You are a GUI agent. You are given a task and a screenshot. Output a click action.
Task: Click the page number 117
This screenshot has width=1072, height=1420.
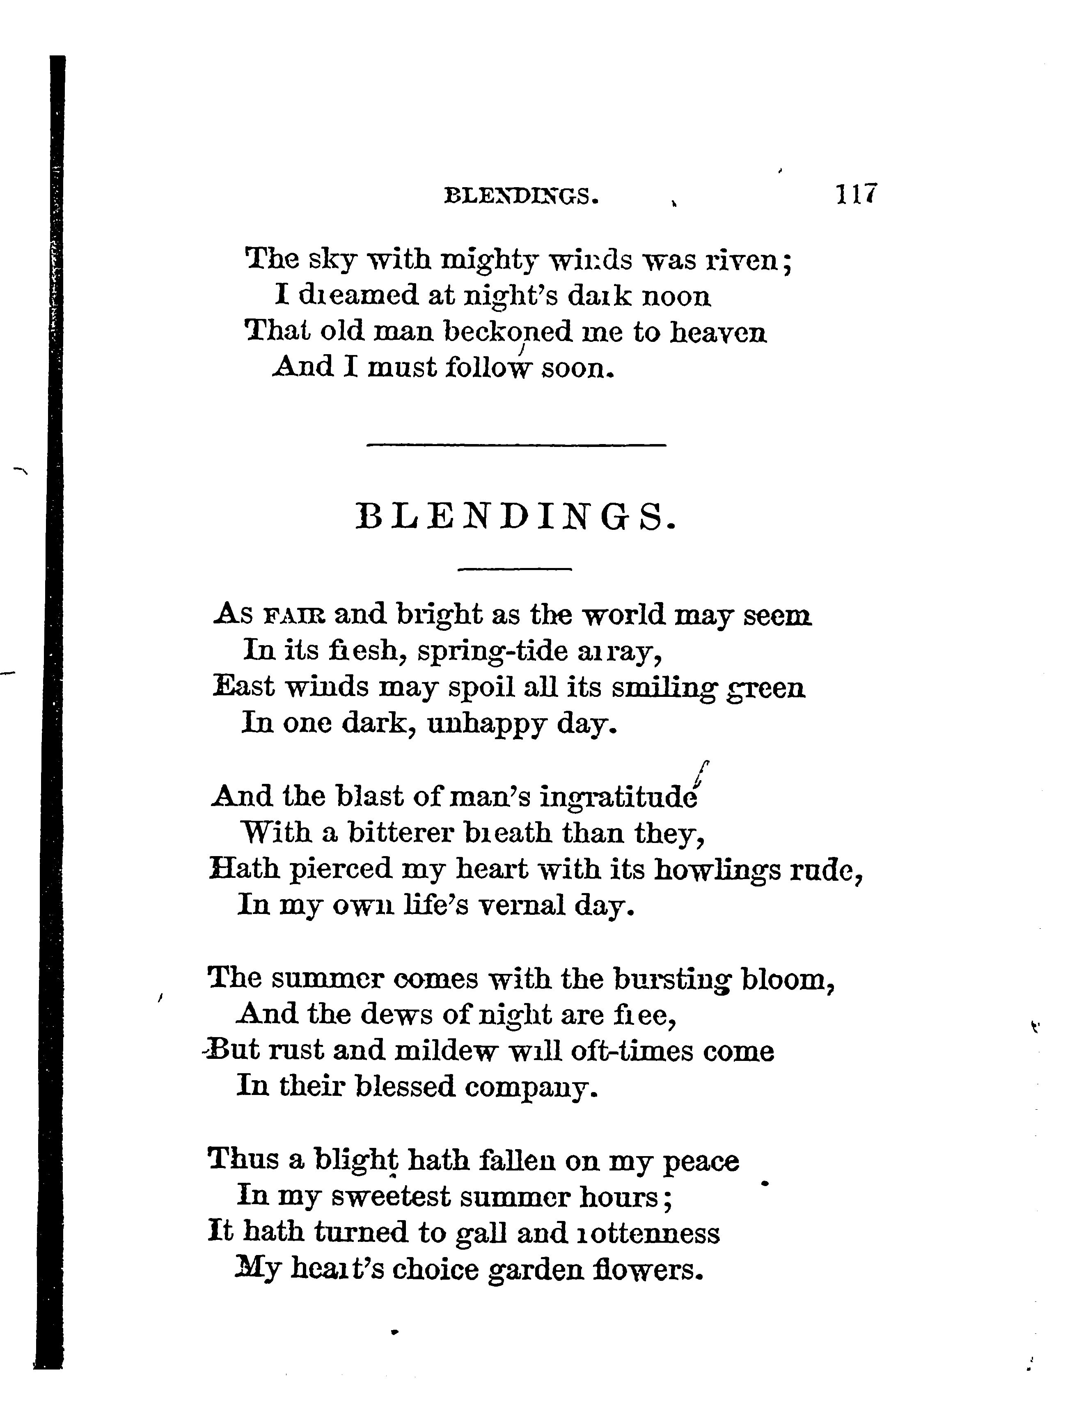click(856, 193)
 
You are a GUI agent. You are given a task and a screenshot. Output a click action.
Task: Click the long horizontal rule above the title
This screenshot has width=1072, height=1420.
click(516, 444)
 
